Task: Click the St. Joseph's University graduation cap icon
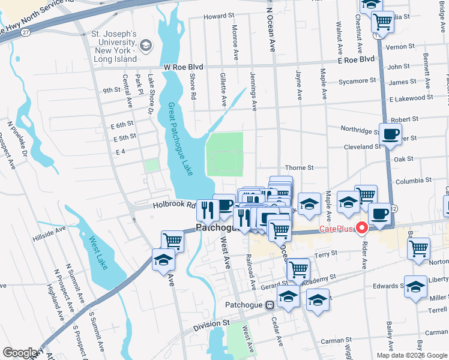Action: pyautogui.click(x=145, y=46)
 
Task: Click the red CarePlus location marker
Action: pyautogui.click(x=361, y=227)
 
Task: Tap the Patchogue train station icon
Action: pyautogui.click(x=270, y=304)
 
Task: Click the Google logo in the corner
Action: pyautogui.click(x=20, y=353)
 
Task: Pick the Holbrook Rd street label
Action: pyautogui.click(x=175, y=205)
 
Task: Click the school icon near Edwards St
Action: pyautogui.click(x=415, y=287)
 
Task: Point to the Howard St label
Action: pyautogui.click(x=218, y=17)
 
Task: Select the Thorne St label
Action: pyautogui.click(x=300, y=168)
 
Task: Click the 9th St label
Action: pyautogui.click(x=111, y=90)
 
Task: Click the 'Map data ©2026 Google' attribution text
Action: pyautogui.click(x=411, y=355)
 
